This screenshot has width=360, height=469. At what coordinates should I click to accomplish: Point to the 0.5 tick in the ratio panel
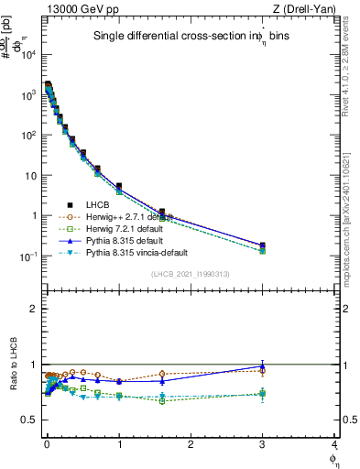tap(29, 420)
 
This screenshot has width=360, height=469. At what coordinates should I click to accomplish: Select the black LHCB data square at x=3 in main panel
tap(263, 245)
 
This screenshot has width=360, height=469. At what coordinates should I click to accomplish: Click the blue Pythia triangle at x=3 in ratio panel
tap(263, 365)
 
